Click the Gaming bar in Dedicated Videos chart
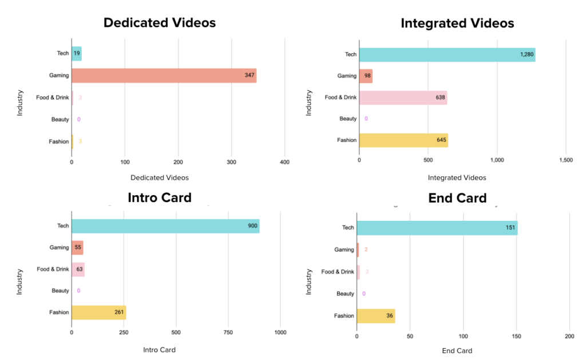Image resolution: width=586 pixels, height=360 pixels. pos(164,76)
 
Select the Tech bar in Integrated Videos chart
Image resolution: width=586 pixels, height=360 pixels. pos(447,54)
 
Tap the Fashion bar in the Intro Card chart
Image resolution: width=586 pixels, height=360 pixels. pos(98,312)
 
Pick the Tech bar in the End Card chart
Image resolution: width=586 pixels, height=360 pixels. pos(437,228)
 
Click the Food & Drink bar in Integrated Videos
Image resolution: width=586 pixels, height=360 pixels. pos(403,97)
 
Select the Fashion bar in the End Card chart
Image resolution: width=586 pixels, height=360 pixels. pos(375,316)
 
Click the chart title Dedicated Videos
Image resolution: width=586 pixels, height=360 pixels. pos(160,23)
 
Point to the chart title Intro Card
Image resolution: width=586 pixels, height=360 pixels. pos(160,198)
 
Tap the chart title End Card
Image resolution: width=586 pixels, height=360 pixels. pos(457,198)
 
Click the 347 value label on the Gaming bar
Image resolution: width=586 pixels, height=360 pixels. pos(249,76)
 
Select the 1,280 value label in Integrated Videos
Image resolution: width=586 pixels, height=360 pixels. pos(526,54)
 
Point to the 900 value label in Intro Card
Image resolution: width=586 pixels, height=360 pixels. pos(252,226)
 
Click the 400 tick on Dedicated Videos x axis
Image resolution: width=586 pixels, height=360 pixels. pos(284,163)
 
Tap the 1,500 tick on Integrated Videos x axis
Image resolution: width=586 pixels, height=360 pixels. pos(565,160)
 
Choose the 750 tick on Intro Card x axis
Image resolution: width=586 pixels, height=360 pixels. pos(228,332)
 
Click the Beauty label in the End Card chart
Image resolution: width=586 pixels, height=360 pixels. pos(345,294)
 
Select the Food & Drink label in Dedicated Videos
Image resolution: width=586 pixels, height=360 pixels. pos(52,97)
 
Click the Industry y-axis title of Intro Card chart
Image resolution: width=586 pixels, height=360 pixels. pos(19,282)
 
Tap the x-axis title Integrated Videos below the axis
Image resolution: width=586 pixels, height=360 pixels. pos(457,178)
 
